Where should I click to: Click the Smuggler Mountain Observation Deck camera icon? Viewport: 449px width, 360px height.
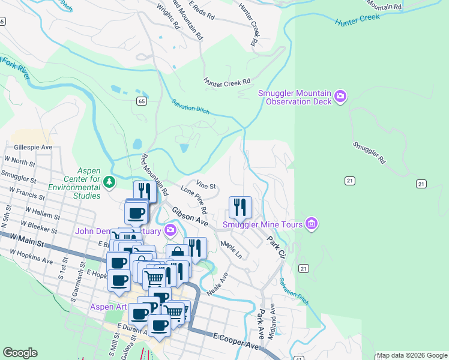340,97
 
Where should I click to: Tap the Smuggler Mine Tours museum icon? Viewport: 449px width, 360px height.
311,224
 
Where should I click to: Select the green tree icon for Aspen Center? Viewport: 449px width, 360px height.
109,181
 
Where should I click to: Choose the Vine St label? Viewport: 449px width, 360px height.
206,187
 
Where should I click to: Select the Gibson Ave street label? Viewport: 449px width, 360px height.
189,217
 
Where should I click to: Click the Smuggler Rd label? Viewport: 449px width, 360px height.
369,153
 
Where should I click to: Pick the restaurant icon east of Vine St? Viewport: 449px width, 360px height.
240,208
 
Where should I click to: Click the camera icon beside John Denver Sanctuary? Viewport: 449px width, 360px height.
170,230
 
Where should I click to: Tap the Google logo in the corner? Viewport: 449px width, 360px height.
20,353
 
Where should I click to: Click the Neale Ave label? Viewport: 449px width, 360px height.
218,284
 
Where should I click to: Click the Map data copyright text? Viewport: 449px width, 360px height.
411,355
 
